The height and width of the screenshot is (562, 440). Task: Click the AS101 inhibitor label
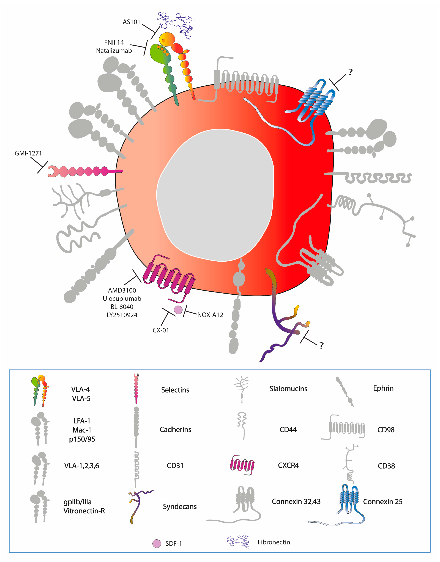pyautogui.click(x=131, y=22)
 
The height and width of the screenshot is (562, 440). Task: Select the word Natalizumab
pyautogui.click(x=114, y=51)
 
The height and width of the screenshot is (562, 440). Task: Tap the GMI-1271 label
pyautogui.click(x=28, y=153)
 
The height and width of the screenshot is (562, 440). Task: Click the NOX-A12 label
pyautogui.click(x=210, y=315)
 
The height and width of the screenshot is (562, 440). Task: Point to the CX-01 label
pyautogui.click(x=161, y=330)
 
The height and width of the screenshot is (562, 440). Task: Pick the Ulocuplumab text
pyautogui.click(x=122, y=299)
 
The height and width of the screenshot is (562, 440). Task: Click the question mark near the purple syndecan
pyautogui.click(x=321, y=345)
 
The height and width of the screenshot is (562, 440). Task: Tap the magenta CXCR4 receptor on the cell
pyautogui.click(x=169, y=278)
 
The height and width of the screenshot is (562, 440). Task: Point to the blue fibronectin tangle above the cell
pyautogui.click(x=176, y=25)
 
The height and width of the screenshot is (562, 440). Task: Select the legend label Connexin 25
pyautogui.click(x=383, y=502)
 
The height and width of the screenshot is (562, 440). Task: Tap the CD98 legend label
pyautogui.click(x=386, y=430)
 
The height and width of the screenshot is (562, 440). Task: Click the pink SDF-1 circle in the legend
pyautogui.click(x=157, y=543)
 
